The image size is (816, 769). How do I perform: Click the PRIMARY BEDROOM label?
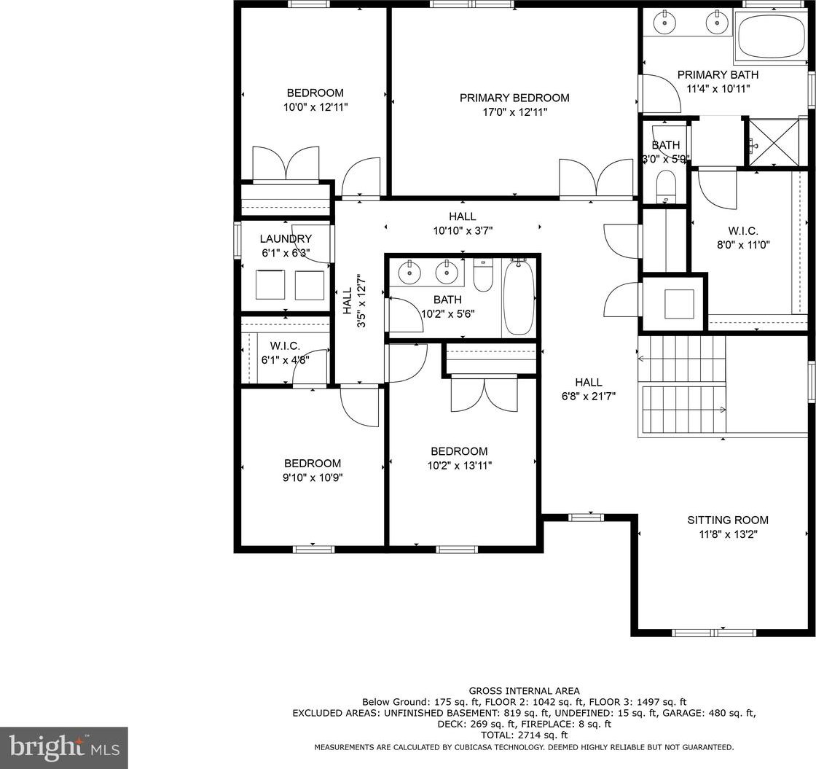pyautogui.click(x=514, y=98)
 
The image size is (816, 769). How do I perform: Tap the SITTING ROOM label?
pyautogui.click(x=728, y=520)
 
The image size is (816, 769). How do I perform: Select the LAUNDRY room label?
pyautogui.click(x=286, y=239)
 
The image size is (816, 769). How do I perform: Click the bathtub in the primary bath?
pyautogui.click(x=770, y=36)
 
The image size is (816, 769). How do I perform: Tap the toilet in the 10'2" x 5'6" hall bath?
pyautogui.click(x=483, y=276)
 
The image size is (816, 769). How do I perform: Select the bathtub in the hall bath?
pyautogui.click(x=519, y=297)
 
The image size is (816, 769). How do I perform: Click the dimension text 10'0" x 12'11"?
pyautogui.click(x=315, y=107)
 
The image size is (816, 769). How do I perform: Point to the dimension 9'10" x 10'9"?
pyautogui.click(x=313, y=477)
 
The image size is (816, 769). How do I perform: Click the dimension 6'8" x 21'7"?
pyautogui.click(x=589, y=397)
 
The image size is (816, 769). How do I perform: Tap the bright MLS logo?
pyautogui.click(x=64, y=748)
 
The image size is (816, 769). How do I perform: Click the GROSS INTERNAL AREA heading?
pyautogui.click(x=524, y=691)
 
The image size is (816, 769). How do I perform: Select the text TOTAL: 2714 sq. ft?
pyautogui.click(x=524, y=735)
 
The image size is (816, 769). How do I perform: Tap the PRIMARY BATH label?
pyautogui.click(x=718, y=75)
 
